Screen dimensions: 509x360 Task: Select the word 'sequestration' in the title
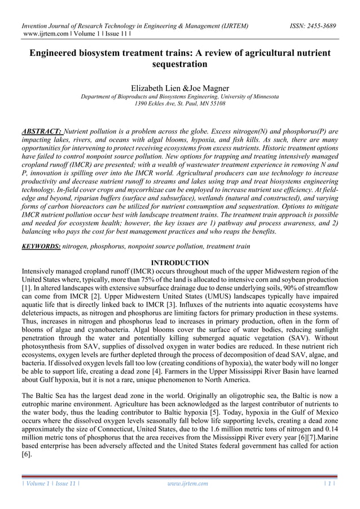point(179,64)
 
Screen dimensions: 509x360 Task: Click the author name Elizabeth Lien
point(155,89)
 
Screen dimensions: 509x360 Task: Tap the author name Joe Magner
point(209,89)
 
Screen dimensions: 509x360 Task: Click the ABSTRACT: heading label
point(42,131)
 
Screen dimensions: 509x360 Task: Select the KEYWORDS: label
point(41,247)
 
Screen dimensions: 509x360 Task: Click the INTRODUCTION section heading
point(179,263)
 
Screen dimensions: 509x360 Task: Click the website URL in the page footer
point(188,484)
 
